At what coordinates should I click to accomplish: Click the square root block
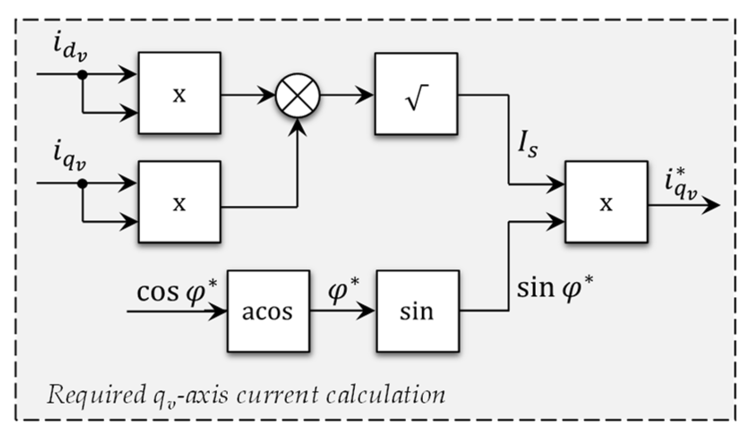click(x=416, y=94)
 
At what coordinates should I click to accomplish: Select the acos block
click(x=268, y=311)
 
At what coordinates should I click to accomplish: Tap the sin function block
click(x=417, y=311)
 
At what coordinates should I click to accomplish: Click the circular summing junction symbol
click(x=298, y=95)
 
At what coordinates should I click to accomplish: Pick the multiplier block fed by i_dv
click(x=179, y=93)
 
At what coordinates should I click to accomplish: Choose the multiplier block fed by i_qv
click(x=179, y=202)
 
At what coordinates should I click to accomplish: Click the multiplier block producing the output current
click(x=606, y=202)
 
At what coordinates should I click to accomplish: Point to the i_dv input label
click(x=69, y=48)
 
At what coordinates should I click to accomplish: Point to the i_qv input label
click(x=69, y=156)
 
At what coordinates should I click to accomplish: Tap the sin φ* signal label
click(x=555, y=288)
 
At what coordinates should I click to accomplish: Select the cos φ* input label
click(x=176, y=291)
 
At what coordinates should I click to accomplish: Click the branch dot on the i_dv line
click(x=82, y=75)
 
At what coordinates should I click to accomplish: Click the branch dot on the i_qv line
click(x=82, y=184)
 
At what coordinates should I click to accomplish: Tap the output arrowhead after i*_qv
click(x=711, y=205)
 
